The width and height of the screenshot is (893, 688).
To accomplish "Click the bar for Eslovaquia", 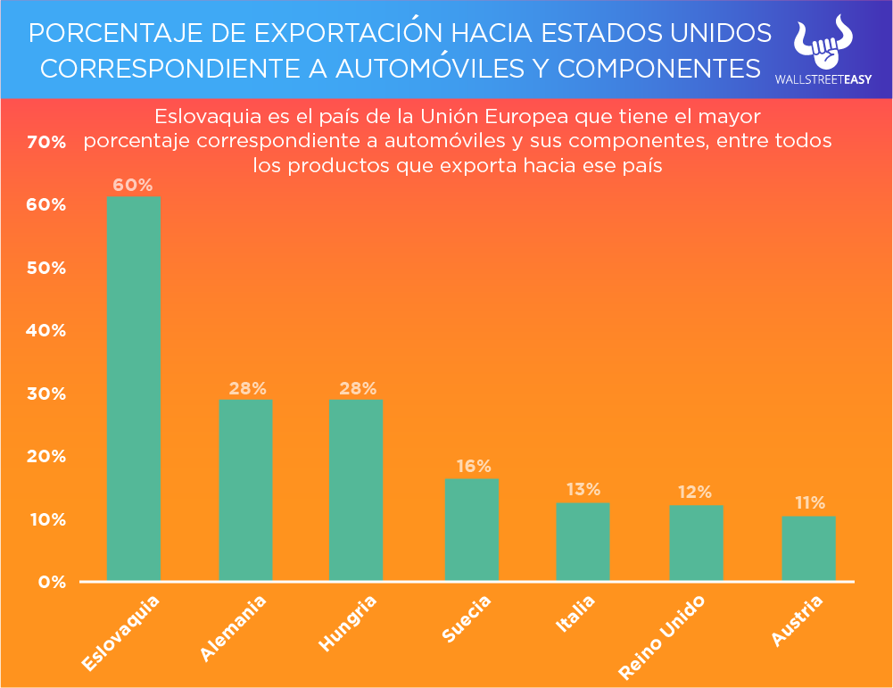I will click(x=133, y=388).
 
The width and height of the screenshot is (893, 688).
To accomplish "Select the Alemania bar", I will click(x=245, y=490).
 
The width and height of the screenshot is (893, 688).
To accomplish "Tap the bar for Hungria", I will click(x=356, y=490).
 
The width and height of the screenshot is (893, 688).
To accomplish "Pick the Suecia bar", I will click(x=472, y=530).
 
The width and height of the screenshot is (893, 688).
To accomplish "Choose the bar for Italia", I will click(x=583, y=542).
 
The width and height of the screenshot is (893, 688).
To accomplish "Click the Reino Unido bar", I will click(x=697, y=543).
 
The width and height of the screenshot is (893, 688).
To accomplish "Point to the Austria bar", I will click(x=809, y=548).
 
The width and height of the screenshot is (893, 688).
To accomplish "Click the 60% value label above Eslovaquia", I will click(x=133, y=186).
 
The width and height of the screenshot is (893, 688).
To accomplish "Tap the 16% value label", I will click(x=473, y=467).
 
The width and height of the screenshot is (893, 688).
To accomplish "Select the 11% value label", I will click(x=809, y=503).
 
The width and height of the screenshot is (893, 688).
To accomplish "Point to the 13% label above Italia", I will click(x=583, y=490).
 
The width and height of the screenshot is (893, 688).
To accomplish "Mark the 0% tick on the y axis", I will click(x=52, y=583).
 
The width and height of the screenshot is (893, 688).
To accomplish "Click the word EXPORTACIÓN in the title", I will click(x=348, y=33).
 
